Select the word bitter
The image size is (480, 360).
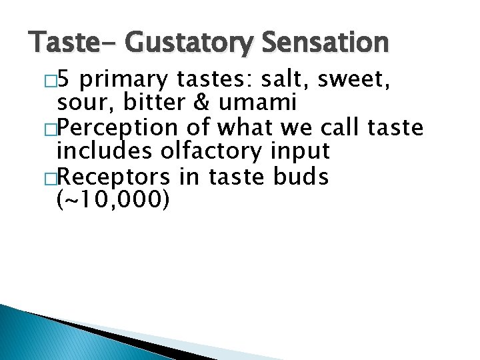tap(145, 103)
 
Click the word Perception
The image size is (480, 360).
tap(117, 127)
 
